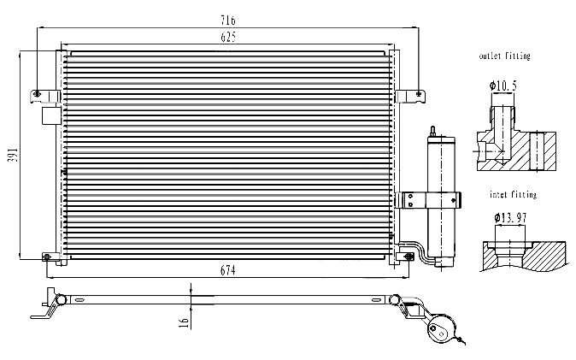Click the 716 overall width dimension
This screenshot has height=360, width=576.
(x=228, y=21)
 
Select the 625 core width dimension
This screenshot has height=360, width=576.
(x=228, y=37)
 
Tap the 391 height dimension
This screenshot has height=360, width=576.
(x=13, y=155)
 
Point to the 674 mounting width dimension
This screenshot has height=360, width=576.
(x=228, y=271)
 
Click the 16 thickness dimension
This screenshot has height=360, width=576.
(x=184, y=323)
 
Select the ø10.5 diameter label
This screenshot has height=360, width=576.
(x=503, y=86)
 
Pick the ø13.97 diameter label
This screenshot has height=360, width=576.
(x=510, y=218)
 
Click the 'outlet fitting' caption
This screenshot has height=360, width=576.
(x=505, y=56)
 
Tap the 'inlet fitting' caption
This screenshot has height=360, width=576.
(x=513, y=194)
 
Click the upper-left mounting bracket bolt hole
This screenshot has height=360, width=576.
(x=37, y=94)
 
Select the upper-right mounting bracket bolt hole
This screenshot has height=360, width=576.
(x=419, y=94)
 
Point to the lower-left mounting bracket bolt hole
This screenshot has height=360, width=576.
(x=47, y=257)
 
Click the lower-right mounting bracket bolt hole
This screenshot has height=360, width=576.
(x=408, y=257)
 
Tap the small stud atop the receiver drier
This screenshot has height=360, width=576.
(x=432, y=132)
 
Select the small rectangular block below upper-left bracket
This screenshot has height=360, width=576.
(x=51, y=115)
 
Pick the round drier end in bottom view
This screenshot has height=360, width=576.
(x=442, y=328)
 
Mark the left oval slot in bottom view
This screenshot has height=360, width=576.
(x=79, y=300)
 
